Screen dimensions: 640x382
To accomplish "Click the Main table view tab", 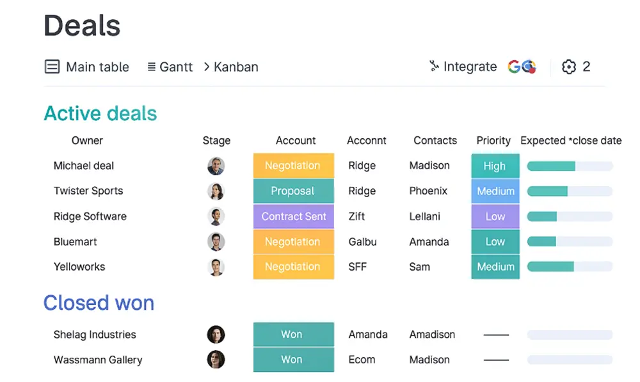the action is (86, 67).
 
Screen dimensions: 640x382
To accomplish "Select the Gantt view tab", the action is (170, 67).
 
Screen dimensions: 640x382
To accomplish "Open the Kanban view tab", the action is (231, 67).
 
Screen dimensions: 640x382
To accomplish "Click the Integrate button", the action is (463, 66).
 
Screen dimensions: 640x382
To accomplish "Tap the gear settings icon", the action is (568, 67).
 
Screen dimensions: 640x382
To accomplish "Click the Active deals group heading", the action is (100, 113).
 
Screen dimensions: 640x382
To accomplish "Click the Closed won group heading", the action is (99, 303).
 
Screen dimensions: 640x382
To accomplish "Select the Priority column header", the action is (493, 140).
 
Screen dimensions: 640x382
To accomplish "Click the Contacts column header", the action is (435, 140).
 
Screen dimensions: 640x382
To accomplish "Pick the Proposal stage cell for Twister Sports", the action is (294, 191).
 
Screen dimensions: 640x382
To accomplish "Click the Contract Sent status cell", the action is (294, 216).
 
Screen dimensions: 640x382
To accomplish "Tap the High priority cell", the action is (495, 166).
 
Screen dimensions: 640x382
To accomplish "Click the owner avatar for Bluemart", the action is (216, 242).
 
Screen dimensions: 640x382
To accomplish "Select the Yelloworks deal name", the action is (79, 266).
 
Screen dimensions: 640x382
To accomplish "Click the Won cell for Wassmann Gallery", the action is (294, 360).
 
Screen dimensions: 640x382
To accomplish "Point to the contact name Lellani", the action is (424, 216).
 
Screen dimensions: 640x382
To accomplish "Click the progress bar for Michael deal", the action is (570, 166).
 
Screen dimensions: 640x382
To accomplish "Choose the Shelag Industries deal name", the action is (95, 335).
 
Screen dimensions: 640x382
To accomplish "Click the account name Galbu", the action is (362, 242).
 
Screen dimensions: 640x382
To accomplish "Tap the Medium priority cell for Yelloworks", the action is (495, 266).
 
